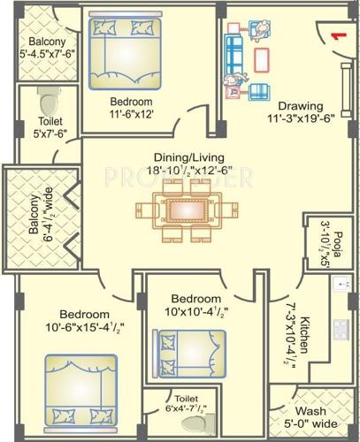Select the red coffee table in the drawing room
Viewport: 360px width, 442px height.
(263, 60)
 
